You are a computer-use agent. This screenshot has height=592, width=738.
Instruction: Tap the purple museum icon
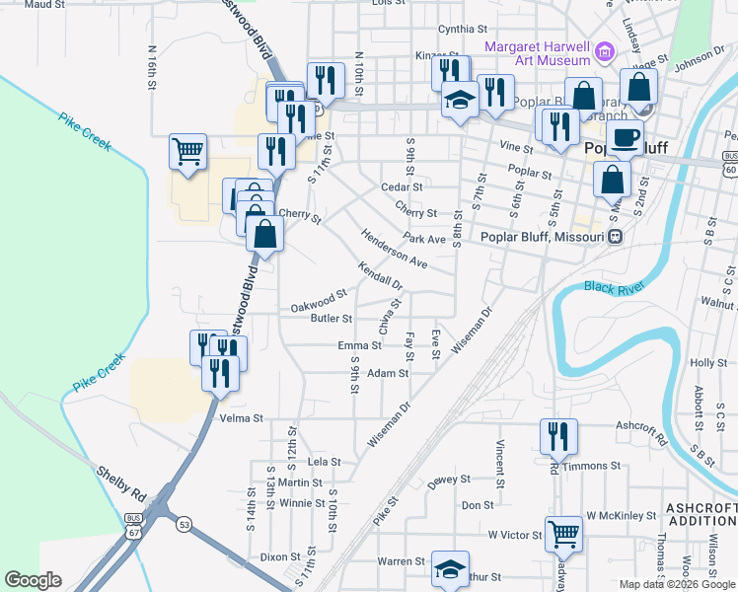605,49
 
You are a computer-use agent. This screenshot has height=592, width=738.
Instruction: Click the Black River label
614,287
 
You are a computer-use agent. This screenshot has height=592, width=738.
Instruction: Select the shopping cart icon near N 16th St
187,151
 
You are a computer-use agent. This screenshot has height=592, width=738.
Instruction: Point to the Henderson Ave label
395,251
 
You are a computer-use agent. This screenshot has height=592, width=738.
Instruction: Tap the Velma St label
242,418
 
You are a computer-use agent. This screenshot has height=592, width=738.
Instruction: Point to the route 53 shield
184,524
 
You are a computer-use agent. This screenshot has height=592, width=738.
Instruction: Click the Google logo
33,580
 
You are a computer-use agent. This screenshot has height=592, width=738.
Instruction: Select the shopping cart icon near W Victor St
563,534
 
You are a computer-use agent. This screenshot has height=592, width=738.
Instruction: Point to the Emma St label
359,345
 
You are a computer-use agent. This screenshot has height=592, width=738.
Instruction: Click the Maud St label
43,5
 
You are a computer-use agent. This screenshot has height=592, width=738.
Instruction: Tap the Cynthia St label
464,29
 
